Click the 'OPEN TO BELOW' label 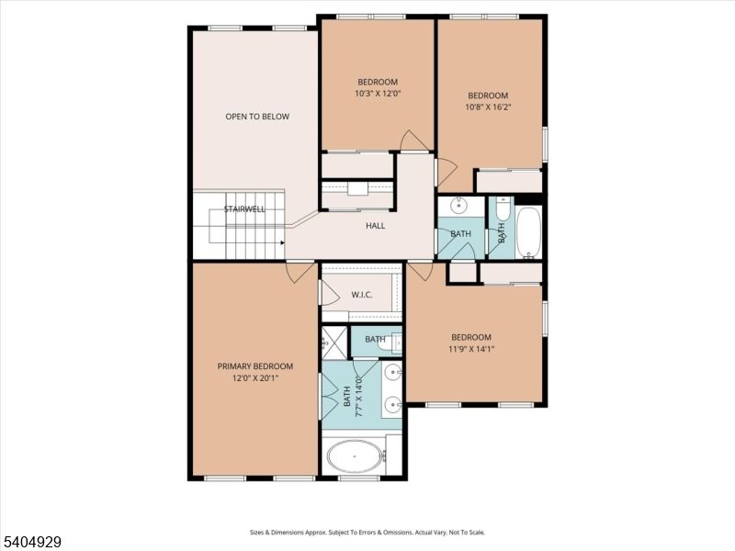point(257,117)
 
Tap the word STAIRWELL point(244,210)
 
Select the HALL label point(375,225)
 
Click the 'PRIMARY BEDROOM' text point(255,365)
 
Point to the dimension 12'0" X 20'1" point(255,377)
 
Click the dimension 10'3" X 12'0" point(378,94)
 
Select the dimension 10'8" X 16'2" point(488,107)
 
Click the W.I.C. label point(360,295)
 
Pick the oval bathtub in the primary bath point(355,455)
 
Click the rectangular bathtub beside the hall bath point(528,232)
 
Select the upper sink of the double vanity point(392,372)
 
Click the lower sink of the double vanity point(392,404)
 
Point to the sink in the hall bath point(458,206)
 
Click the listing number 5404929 point(32,542)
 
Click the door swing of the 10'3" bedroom point(413,141)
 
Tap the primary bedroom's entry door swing point(300,272)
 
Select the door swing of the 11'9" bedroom point(420,271)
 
